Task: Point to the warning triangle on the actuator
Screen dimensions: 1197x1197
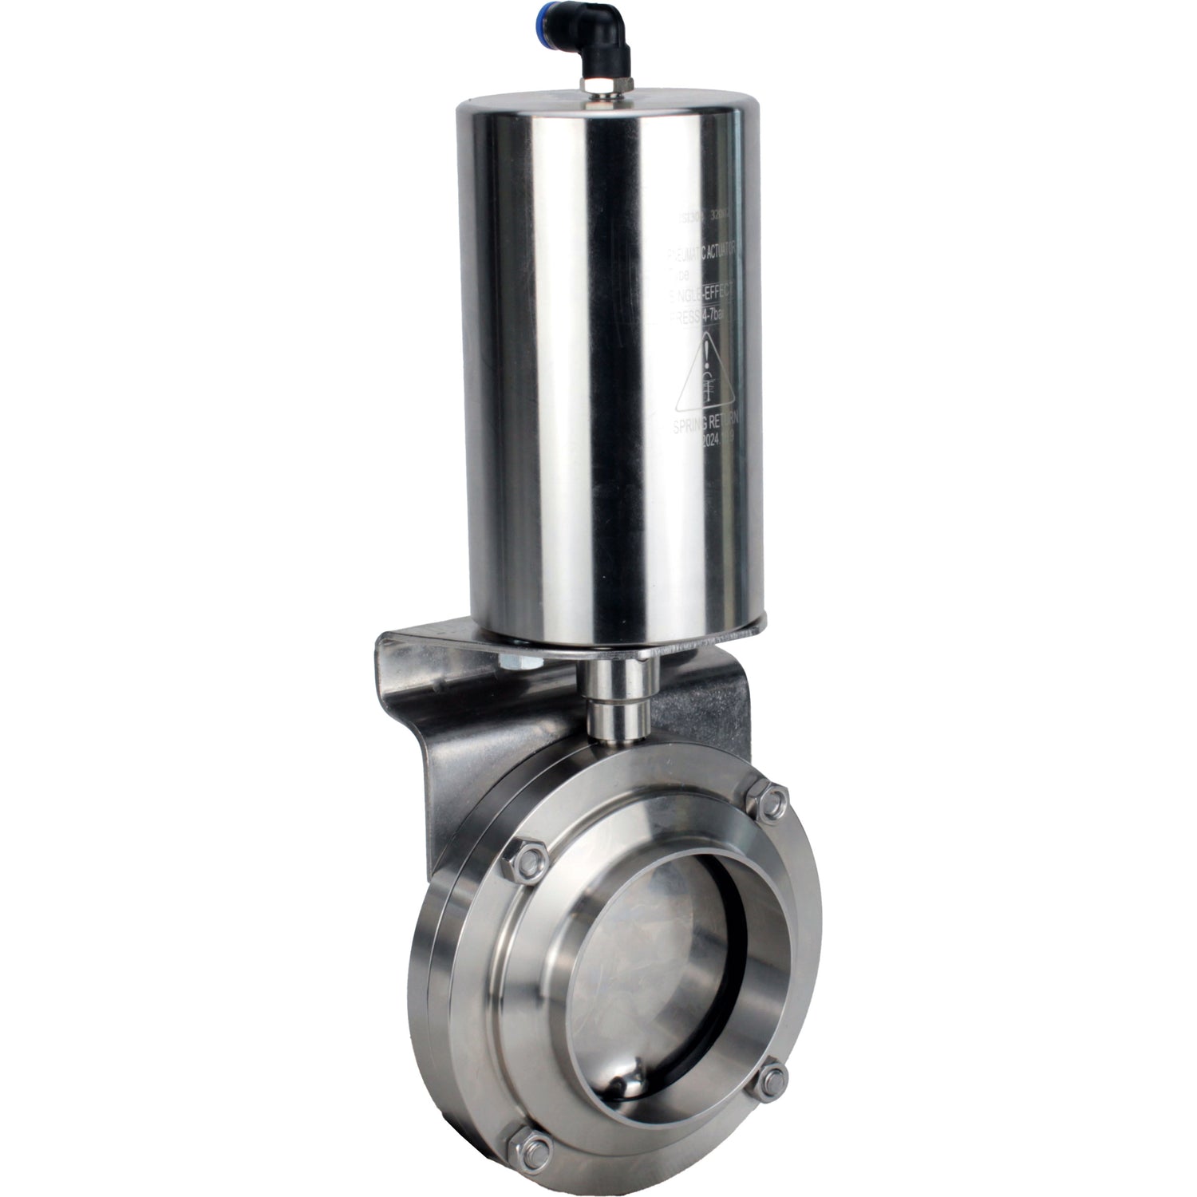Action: coord(705,374)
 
